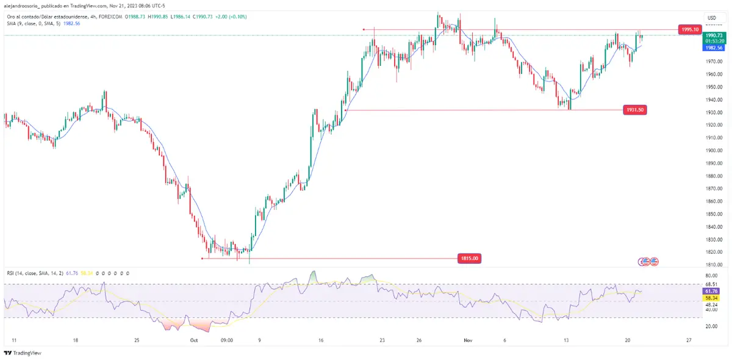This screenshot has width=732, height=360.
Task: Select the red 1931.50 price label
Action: tap(635, 110)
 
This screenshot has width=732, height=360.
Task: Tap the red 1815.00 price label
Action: tap(469, 259)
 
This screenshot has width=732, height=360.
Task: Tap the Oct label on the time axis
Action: tap(195, 340)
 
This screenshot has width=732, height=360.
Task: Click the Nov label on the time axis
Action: tap(468, 340)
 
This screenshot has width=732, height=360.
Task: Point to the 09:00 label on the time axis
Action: tap(226, 340)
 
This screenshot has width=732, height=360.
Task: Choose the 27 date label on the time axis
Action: tap(688, 340)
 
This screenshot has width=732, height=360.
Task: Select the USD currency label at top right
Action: tap(711, 18)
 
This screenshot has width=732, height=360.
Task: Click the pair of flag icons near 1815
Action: tap(649, 262)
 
